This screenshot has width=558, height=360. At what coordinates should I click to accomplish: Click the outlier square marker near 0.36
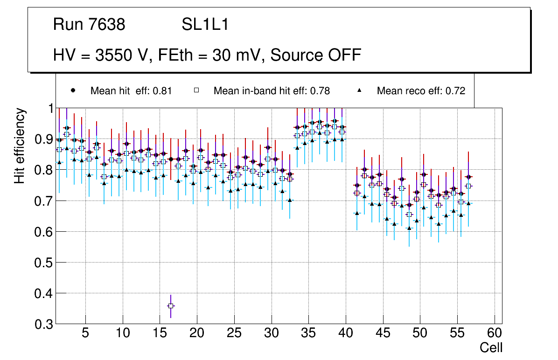(171, 306)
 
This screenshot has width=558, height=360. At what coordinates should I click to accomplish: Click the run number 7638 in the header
(107, 25)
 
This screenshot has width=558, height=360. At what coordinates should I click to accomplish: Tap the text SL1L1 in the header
(205, 25)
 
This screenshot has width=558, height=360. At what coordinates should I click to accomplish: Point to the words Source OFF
(315, 55)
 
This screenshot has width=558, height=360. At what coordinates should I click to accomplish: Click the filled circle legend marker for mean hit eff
(73, 90)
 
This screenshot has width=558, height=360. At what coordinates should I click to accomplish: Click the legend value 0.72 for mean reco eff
(455, 91)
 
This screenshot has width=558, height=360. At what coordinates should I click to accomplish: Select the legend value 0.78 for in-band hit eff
(320, 91)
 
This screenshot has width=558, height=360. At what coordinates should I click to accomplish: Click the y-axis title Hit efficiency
(20, 145)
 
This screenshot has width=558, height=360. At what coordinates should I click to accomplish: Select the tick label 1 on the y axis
(48, 108)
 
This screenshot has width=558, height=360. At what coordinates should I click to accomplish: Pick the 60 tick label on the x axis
(494, 334)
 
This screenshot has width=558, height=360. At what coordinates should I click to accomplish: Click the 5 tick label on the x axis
(85, 334)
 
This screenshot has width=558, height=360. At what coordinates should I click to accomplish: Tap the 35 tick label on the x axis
(308, 334)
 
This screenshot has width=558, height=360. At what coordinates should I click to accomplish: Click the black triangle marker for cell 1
(59, 162)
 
